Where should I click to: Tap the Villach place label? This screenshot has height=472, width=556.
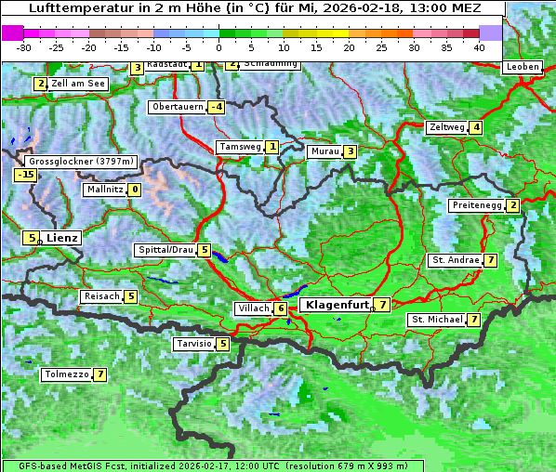click(x=252, y=308)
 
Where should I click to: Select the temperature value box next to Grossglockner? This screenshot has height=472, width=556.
click(x=25, y=174)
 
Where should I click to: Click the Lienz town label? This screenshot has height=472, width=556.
click(x=62, y=238)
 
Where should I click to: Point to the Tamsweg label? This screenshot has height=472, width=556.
click(x=239, y=147)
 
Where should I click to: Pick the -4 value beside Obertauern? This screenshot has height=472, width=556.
click(x=216, y=107)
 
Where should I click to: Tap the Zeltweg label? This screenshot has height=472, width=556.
click(x=446, y=127)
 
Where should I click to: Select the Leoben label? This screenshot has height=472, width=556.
click(x=522, y=67)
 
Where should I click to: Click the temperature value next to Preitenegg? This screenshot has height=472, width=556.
click(x=512, y=205)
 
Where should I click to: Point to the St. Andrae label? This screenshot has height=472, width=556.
click(x=455, y=260)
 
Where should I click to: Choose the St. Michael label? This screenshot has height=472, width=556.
click(x=437, y=320)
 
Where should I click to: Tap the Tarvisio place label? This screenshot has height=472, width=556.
click(x=194, y=344)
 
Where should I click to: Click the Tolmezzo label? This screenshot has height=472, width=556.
click(x=66, y=375)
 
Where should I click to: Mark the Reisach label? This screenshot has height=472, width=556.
click(x=101, y=296)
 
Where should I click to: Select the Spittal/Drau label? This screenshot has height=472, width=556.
click(x=165, y=250)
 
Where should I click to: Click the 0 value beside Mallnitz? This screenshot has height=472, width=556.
click(x=135, y=190)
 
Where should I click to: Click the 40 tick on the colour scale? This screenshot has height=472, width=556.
click(x=479, y=46)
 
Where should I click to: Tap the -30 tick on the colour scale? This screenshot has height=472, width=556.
click(x=24, y=46)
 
